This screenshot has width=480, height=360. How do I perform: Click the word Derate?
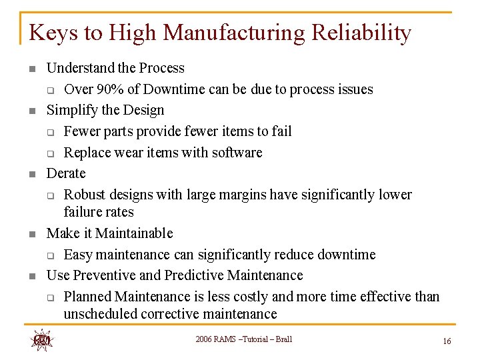click(x=65, y=173)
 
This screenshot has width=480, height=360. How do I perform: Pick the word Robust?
click(x=85, y=195)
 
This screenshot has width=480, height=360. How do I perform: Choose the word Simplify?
click(x=71, y=110)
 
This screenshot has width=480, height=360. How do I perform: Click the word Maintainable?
click(x=133, y=233)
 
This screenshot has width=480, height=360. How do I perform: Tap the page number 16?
click(x=447, y=341)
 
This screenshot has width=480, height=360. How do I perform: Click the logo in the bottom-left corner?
click(x=41, y=340)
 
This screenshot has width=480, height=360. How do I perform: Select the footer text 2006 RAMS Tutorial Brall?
click(x=243, y=339)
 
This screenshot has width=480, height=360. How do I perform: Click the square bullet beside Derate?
click(x=31, y=174)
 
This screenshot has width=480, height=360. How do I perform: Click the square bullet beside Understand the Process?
click(x=31, y=69)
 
